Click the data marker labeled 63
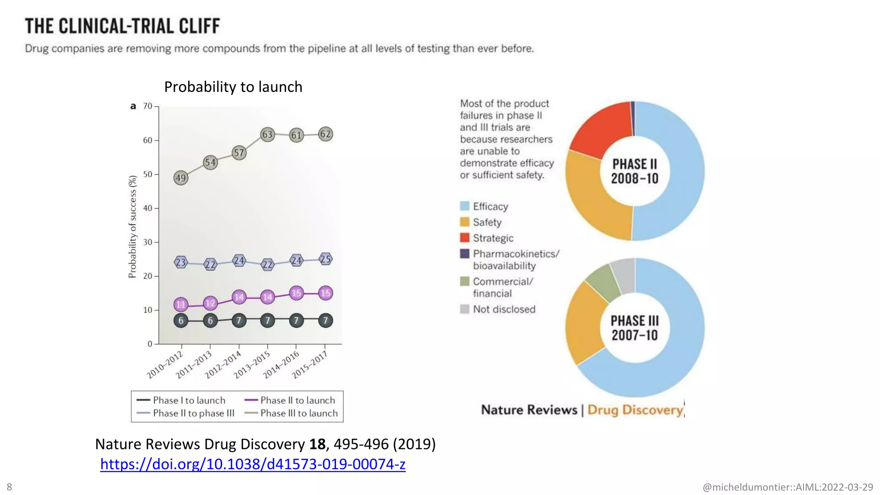[x=267, y=134]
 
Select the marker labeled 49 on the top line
[x=181, y=177]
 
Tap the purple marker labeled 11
[x=181, y=305]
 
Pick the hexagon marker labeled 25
[x=326, y=259]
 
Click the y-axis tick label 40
[x=148, y=208]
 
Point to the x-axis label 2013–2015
[x=252, y=364]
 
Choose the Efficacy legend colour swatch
[x=464, y=206]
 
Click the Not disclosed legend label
[x=504, y=309]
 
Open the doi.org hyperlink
[x=253, y=464]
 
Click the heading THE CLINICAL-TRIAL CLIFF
[x=122, y=26]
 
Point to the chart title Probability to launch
[x=233, y=87]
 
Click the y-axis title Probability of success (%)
[x=132, y=226]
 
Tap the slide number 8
[x=9, y=487]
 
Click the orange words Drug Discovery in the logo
[x=635, y=410]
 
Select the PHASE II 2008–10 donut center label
[x=635, y=171]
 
